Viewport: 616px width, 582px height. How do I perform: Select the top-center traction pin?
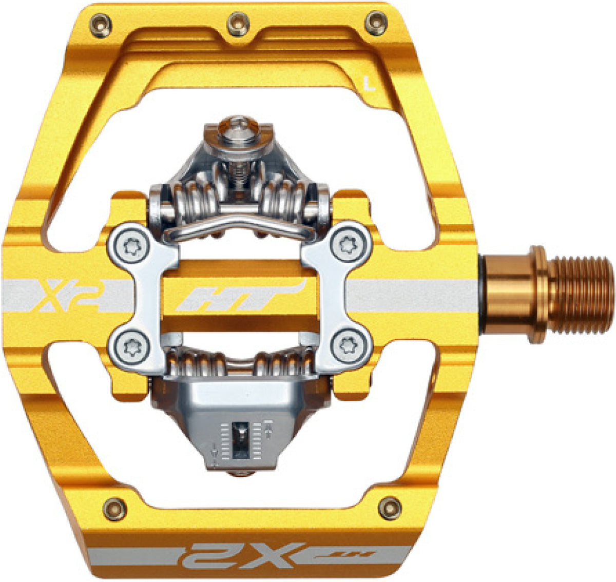tap(238, 24)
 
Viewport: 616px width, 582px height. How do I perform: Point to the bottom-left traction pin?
tap(114, 509)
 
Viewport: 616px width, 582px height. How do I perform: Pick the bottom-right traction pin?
tap(390, 508)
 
